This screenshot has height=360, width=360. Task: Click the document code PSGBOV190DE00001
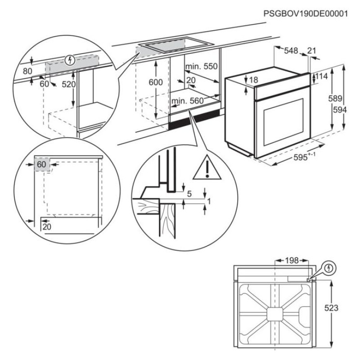306,13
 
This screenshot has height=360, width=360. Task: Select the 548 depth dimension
291,51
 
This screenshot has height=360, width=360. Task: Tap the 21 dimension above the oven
312,51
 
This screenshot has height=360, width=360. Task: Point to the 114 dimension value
321,76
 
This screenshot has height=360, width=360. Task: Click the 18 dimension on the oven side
253,80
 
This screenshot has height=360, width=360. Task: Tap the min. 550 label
202,66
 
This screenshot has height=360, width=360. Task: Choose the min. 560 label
188,101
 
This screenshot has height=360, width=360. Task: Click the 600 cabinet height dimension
155,82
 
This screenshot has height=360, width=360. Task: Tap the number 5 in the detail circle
189,194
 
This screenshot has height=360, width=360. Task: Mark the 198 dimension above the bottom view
291,261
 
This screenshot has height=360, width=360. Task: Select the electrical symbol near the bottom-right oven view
330,268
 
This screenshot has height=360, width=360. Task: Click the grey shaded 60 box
41,165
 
